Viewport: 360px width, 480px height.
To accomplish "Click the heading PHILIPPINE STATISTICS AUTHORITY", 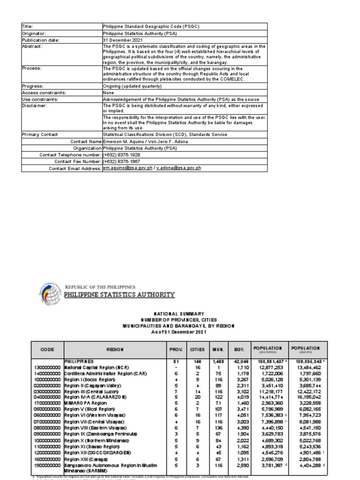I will tap(119, 295).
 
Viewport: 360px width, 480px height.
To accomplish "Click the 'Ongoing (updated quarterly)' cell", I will tap(132, 86).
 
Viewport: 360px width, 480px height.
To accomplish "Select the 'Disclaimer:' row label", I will tap(35, 106).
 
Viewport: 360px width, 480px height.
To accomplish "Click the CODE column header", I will tap(47, 350).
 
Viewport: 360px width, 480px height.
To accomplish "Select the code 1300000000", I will tap(47, 368).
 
